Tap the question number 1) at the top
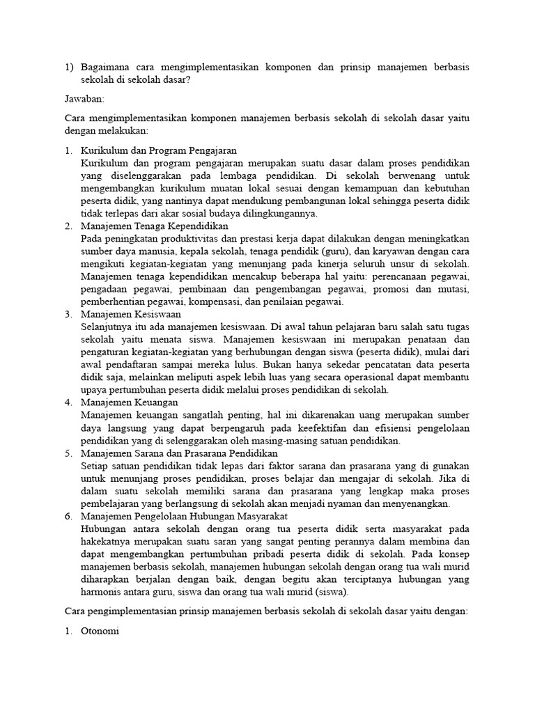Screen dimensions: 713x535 pyautogui.click(x=69, y=67)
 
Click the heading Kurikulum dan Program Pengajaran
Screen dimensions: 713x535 pyautogui.click(x=159, y=150)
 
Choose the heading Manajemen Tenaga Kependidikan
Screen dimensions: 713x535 pyautogui.click(x=155, y=226)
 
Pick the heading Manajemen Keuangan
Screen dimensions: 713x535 pyautogui.click(x=130, y=402)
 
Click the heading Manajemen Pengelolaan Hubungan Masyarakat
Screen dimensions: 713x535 pyautogui.click(x=184, y=516)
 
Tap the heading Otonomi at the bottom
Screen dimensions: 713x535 pyautogui.click(x=100, y=634)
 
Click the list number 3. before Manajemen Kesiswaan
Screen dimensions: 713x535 pyautogui.click(x=69, y=314)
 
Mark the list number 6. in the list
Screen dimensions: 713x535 pyautogui.click(x=69, y=516)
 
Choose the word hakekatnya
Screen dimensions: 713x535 pyautogui.click(x=107, y=541)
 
